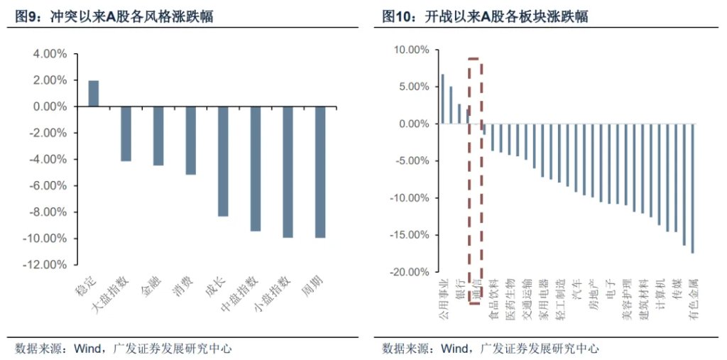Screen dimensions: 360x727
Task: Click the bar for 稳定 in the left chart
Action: [93, 93]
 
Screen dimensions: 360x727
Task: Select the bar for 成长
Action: [223, 161]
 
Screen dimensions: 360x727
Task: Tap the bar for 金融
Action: [158, 136]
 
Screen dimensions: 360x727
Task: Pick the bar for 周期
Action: [320, 172]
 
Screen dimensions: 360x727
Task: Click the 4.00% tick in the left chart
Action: [50, 54]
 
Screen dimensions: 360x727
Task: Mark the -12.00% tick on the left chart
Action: [46, 265]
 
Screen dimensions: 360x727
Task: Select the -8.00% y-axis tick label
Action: [48, 212]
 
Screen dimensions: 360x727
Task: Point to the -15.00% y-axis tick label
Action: [410, 235]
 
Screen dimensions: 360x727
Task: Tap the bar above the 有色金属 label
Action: [692, 188]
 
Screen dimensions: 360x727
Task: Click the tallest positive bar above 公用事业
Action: [442, 99]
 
